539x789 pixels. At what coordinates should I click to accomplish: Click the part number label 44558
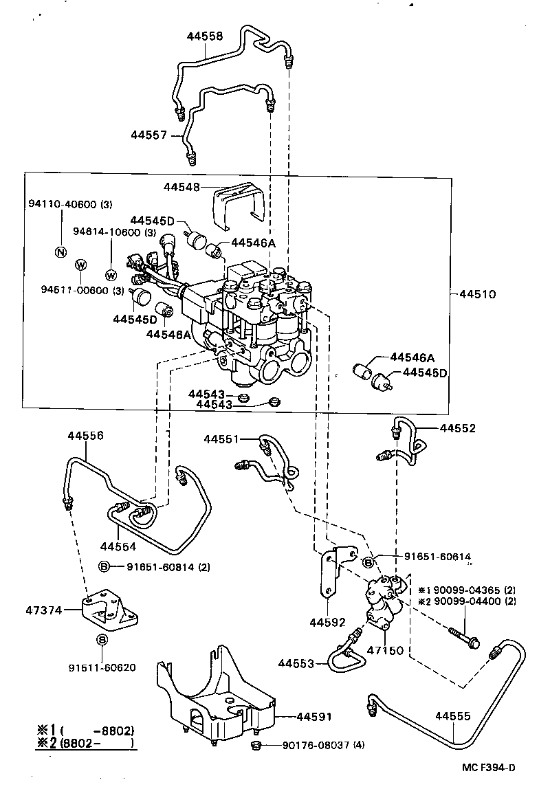[205, 36]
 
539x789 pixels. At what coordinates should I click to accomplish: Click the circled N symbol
[60, 252]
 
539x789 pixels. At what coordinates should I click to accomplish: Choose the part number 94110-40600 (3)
[70, 204]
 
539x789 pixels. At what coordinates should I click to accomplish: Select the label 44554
[118, 546]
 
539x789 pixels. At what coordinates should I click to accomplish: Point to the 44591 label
[314, 716]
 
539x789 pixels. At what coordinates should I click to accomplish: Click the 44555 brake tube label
[453, 716]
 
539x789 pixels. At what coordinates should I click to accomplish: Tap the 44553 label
[296, 663]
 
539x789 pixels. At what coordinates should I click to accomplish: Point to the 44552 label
[458, 427]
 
